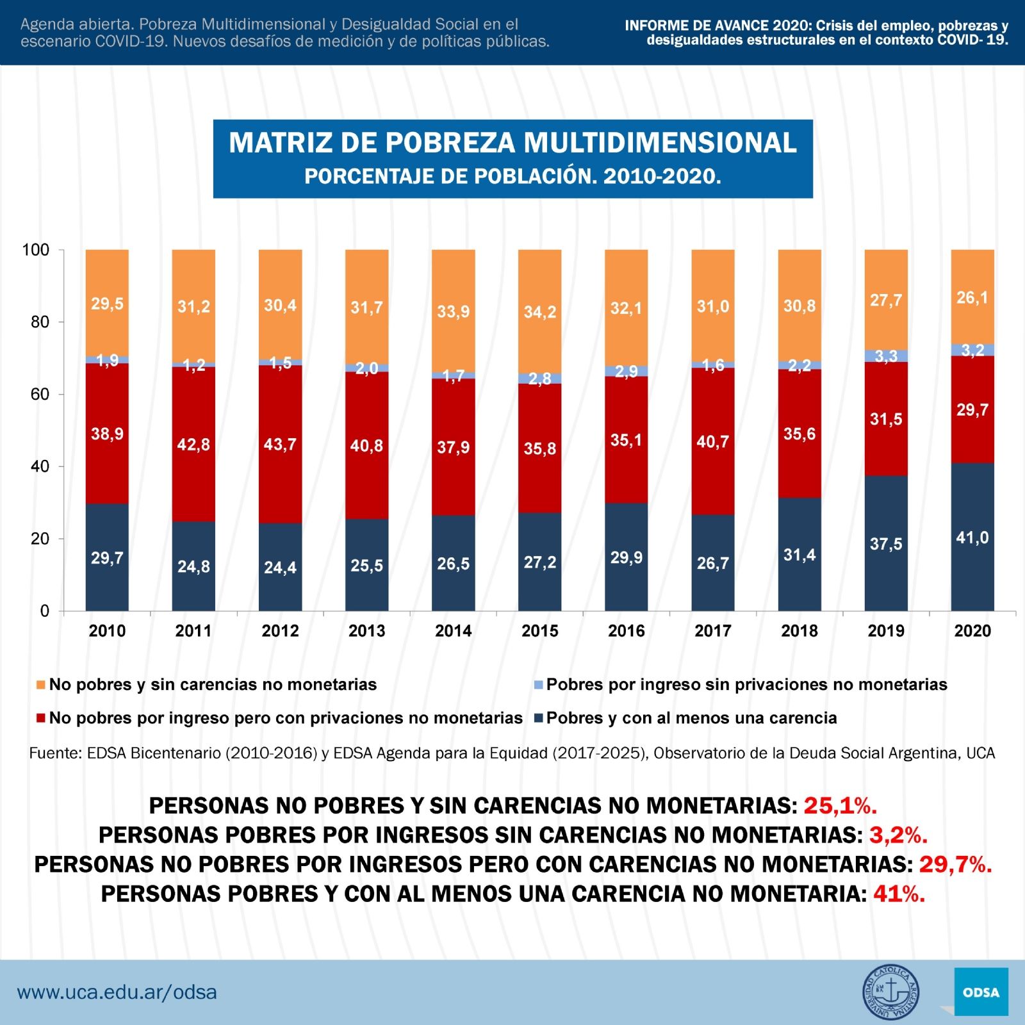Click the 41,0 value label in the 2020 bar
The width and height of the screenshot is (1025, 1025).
click(972, 538)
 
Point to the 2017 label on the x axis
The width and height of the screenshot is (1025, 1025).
click(712, 631)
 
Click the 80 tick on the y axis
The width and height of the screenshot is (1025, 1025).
click(40, 322)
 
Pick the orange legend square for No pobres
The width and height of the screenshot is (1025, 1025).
click(41, 685)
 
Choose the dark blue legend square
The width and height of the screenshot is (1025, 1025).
click(538, 718)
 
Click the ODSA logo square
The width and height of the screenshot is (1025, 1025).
click(980, 992)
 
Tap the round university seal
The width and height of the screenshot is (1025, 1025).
click(890, 992)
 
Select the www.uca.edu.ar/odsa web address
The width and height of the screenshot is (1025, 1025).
click(117, 992)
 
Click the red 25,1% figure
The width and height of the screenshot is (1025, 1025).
click(840, 805)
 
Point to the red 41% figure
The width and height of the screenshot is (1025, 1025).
click(899, 894)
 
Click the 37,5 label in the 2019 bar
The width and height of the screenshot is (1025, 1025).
click(885, 545)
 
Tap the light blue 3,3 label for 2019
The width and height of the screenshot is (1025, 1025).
click(885, 356)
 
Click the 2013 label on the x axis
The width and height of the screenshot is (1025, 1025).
click(366, 631)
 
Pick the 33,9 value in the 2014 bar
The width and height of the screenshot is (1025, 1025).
click(453, 312)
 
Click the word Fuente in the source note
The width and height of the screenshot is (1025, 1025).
click(55, 753)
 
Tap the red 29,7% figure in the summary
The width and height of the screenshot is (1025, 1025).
click(955, 864)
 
